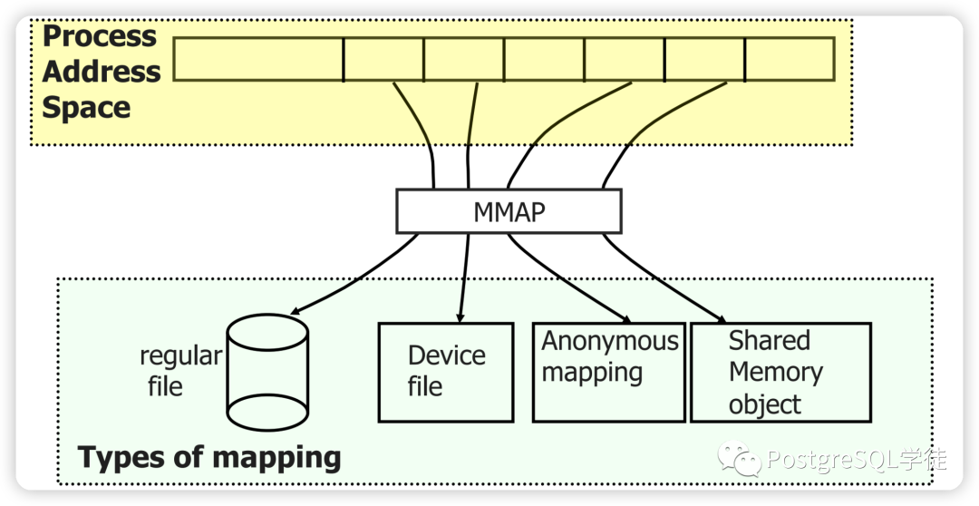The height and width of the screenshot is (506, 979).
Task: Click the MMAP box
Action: pos(509,211)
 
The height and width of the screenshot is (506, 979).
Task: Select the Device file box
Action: pos(446,373)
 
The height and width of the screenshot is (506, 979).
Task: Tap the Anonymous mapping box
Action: pos(609,373)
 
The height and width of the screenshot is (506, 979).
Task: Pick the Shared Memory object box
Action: pos(780,373)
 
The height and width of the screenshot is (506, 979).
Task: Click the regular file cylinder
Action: pos(267,373)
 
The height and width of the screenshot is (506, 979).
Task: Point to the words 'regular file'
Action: pos(180,371)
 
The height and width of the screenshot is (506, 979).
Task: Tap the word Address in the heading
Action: pos(102,72)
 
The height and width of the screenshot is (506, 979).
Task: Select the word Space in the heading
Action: pos(86,107)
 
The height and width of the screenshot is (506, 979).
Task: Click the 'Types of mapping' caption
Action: pos(209,457)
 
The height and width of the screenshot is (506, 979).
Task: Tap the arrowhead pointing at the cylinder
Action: pos(296,310)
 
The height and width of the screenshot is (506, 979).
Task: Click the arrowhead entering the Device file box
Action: pos(460,317)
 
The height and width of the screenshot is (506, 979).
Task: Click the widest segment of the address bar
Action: pos(258,59)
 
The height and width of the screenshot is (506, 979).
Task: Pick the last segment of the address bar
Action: pos(790,59)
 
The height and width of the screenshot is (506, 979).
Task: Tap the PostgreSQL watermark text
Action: pos(856,460)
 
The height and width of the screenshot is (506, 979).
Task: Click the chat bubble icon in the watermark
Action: pos(740,458)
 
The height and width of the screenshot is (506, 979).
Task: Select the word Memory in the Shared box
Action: pos(775,373)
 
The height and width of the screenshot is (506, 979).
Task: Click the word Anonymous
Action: pos(609,341)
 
